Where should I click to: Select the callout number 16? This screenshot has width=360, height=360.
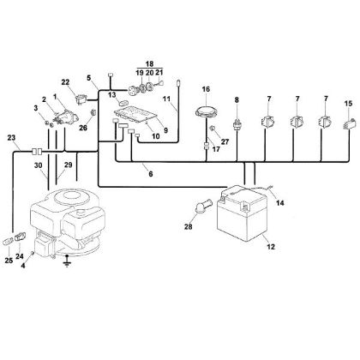(x=205, y=88)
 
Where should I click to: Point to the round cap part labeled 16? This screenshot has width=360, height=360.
(x=207, y=109)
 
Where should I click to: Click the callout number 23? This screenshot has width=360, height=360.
(x=10, y=139)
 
